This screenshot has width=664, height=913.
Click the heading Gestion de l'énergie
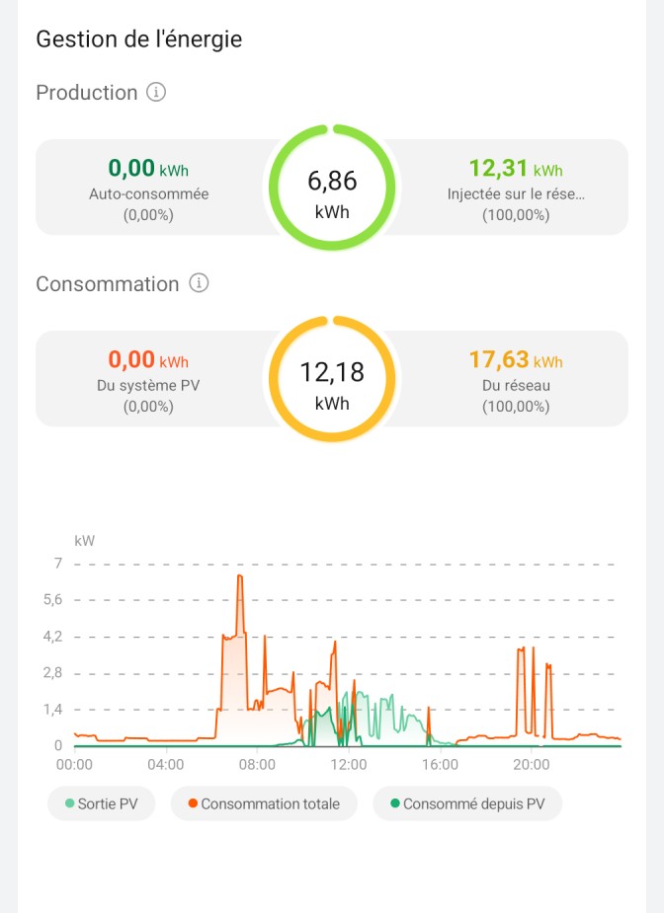coord(138,39)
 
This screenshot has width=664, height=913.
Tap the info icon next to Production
coord(156,92)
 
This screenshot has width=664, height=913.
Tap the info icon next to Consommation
coord(199,283)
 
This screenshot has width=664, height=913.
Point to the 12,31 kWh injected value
coord(515,168)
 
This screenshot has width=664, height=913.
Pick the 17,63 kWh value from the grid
coord(515,359)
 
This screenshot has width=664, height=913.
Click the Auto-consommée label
coord(148,194)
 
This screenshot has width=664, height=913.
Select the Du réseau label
coord(516,386)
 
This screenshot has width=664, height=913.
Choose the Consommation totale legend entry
coord(263,804)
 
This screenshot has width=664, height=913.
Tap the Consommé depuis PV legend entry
coord(466,804)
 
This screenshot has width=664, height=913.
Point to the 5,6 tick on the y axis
coord(52,600)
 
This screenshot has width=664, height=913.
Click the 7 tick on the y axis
coord(58,564)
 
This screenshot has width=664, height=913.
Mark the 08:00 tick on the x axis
coord(257,764)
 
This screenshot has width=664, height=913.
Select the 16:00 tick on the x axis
coord(440,764)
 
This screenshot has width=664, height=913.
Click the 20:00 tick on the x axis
coord(532,764)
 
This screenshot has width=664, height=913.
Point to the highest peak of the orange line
coord(239,575)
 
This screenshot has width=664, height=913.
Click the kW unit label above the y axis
coord(84,540)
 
